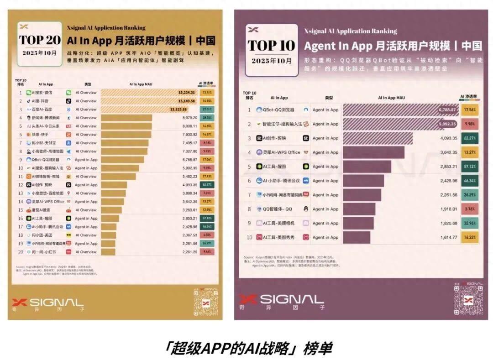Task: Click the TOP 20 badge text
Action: pos(40,39)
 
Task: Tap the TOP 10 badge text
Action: pos(272,45)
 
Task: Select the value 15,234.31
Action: pos(187,92)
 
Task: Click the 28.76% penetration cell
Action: pos(207,118)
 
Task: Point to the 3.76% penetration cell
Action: pos(470,209)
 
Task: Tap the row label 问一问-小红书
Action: pos(44,252)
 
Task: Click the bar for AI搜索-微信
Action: pos(148,92)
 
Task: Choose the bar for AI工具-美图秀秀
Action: pos(357,238)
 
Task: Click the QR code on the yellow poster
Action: pos(205,301)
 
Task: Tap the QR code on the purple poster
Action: pos(468,300)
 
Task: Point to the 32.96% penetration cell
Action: pos(470,224)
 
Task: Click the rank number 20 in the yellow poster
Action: pos(21,252)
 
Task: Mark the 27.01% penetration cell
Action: pos(207,110)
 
